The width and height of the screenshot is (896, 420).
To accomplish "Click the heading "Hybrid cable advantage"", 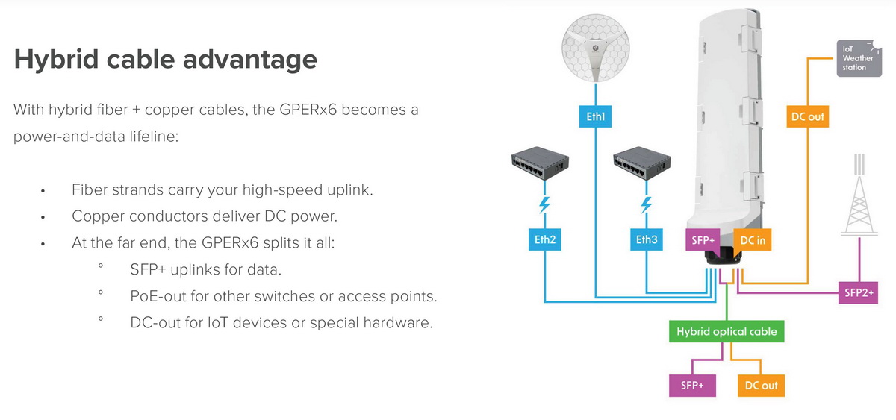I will coord(165,60).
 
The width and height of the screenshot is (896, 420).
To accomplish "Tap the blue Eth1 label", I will coord(595,116).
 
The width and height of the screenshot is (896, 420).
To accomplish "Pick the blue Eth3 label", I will coord(646,240).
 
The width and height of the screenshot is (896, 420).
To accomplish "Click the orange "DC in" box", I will coord(752,240).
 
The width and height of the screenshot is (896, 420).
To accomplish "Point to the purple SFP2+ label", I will coord(858,293).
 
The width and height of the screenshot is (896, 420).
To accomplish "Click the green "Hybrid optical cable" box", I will coord(727,331).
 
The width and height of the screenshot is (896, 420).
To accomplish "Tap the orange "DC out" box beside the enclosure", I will coord(808,116).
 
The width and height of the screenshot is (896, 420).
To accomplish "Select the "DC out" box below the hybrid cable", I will coord(761,385).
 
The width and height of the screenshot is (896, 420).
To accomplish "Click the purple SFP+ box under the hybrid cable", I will coord(691,385).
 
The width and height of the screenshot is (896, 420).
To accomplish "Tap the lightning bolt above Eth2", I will coord(544,205).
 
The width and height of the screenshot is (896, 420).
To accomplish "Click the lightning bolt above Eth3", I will coord(647,205).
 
